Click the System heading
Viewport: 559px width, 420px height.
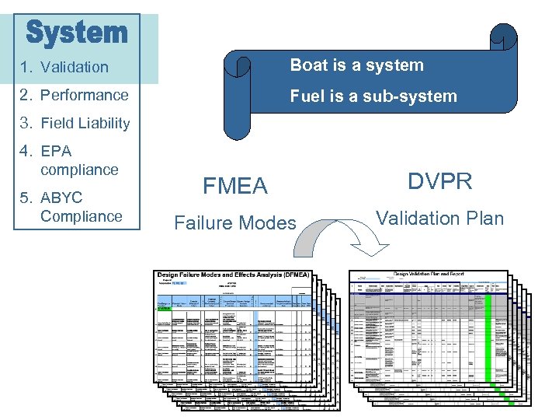point(77,33)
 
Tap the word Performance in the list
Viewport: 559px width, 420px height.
point(84,95)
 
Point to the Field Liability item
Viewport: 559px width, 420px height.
point(85,123)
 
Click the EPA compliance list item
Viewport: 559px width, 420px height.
point(78,160)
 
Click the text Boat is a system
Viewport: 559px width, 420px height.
point(356,65)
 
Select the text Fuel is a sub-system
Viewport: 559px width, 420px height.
point(373,96)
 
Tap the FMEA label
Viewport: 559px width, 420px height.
point(234,186)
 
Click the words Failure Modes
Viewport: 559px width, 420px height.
point(234,223)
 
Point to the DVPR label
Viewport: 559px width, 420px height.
point(439,181)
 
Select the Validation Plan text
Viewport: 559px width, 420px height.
point(439,219)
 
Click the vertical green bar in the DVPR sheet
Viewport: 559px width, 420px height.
point(487,334)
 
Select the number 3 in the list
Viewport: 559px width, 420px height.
point(25,123)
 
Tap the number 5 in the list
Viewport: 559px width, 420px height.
point(25,198)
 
